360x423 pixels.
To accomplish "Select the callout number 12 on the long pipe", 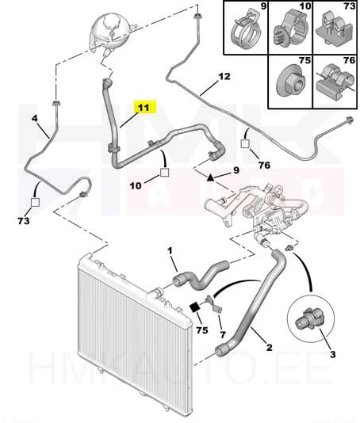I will tap(224, 77).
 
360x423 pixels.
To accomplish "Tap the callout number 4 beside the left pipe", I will tap(35, 119).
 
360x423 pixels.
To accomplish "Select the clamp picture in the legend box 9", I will tap(244, 31).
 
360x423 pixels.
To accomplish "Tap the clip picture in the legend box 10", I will tap(288, 33).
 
